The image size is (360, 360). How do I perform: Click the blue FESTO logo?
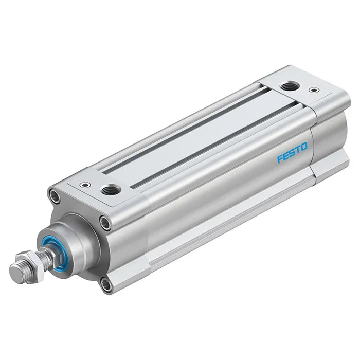292,153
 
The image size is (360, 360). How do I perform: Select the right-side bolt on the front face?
105,222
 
